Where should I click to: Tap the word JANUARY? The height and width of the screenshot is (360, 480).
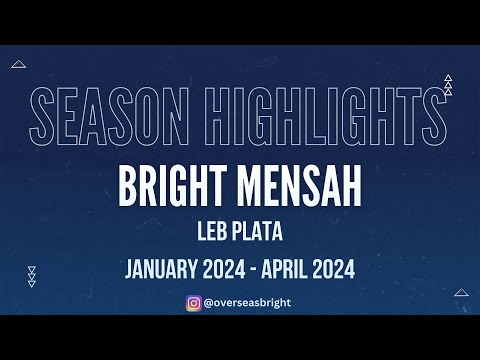click(x=163, y=269)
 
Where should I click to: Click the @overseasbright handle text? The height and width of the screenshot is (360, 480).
click(x=247, y=301)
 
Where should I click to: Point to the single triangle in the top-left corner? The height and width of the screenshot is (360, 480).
click(x=19, y=64)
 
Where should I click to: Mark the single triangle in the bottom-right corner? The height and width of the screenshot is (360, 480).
click(x=461, y=293)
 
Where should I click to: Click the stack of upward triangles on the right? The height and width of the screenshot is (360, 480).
click(x=448, y=85)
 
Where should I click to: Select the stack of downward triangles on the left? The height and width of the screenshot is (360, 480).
click(x=32, y=276)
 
